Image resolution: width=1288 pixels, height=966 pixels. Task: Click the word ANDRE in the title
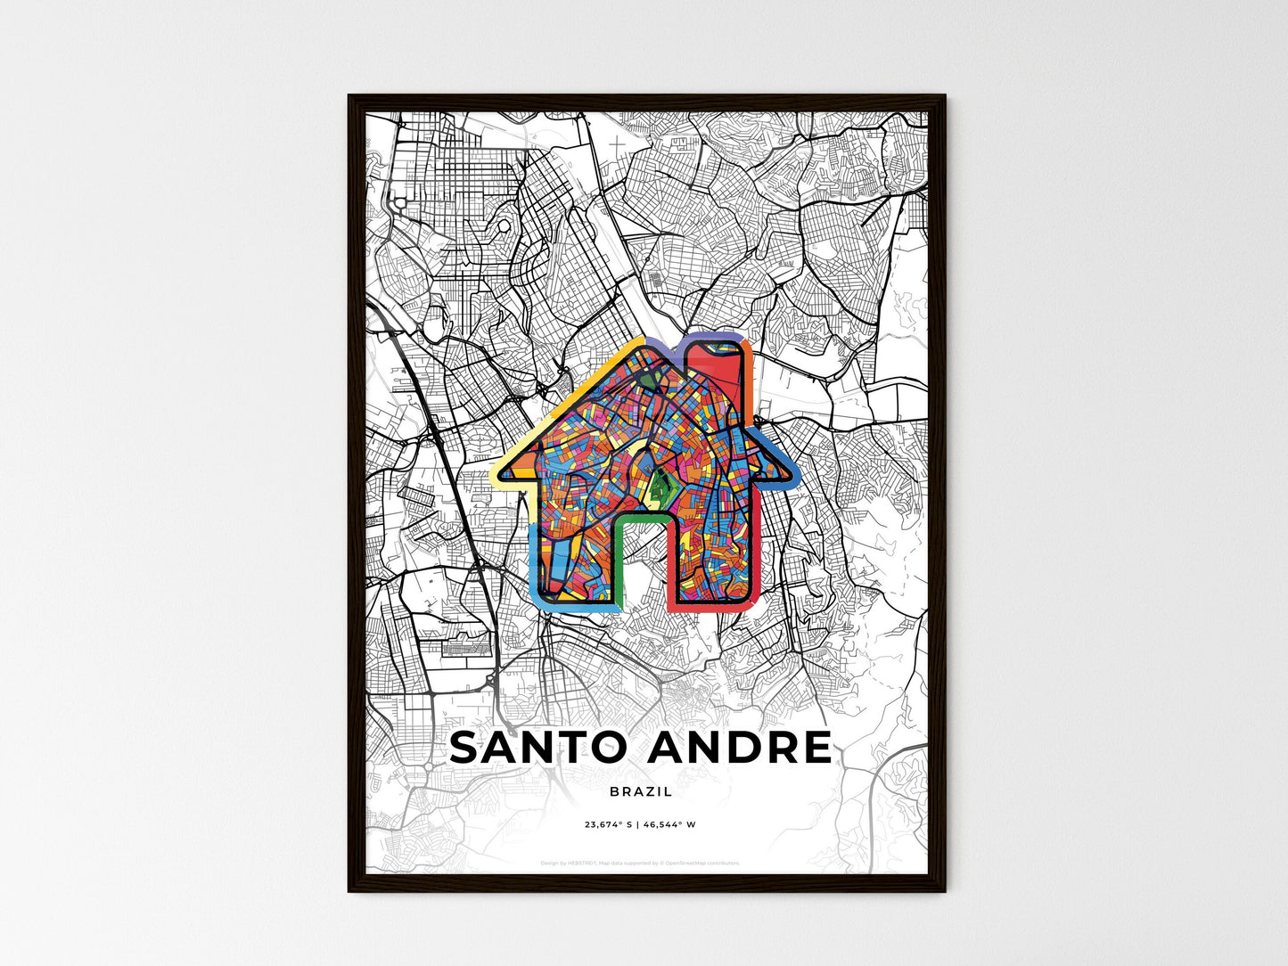[x=740, y=749]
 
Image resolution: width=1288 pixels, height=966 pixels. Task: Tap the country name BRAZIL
[x=642, y=791]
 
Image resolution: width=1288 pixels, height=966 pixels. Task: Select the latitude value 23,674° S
[x=608, y=825]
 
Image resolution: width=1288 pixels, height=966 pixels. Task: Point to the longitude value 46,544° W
[x=669, y=825]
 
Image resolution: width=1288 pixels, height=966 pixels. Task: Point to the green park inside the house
[x=660, y=486]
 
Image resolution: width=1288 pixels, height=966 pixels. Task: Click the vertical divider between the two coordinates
[x=638, y=825]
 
